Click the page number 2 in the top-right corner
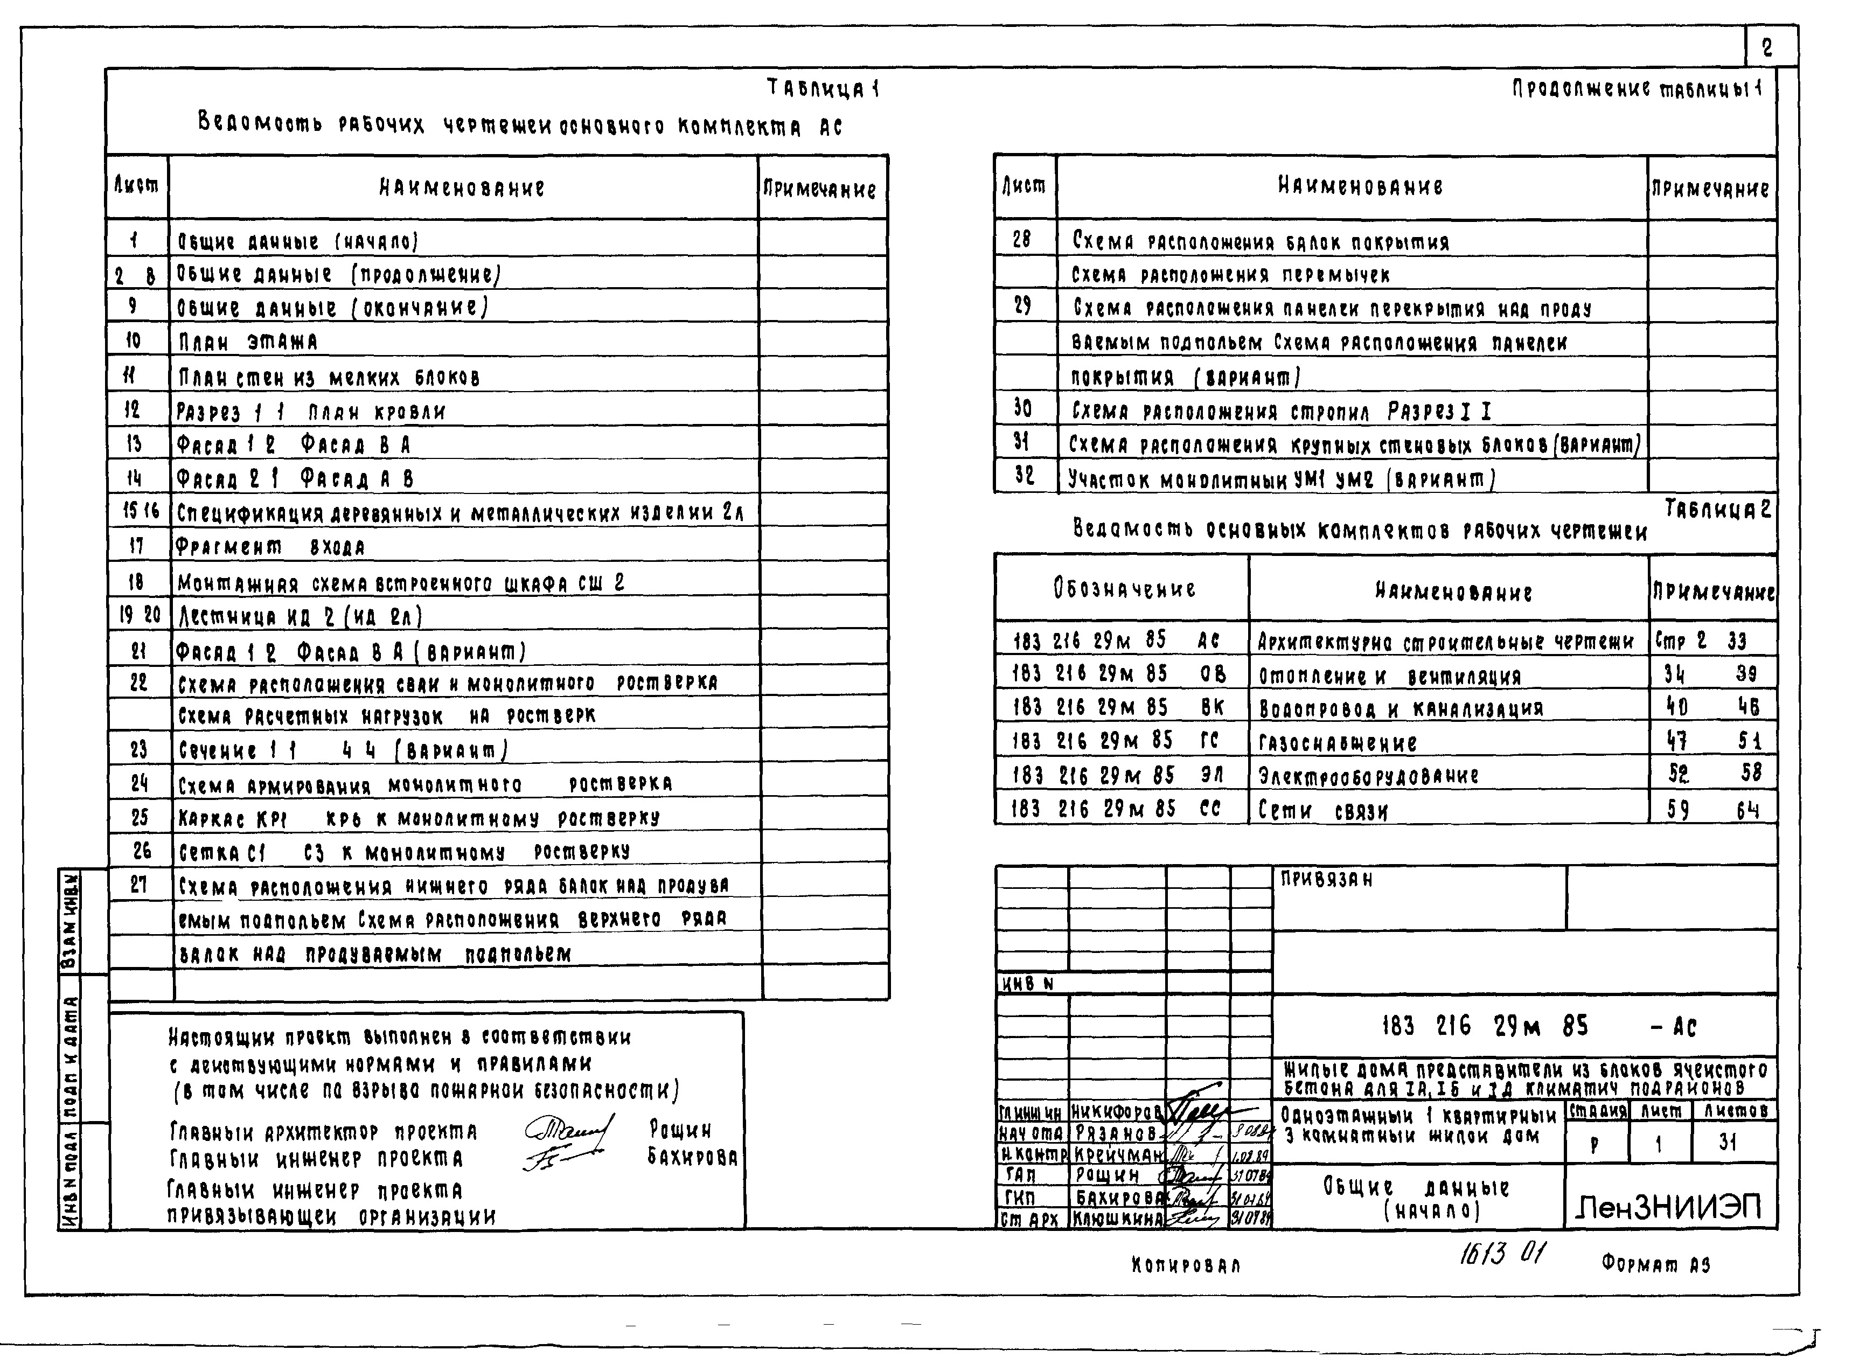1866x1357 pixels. pyautogui.click(x=1766, y=48)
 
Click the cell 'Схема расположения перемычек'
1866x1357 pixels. pyautogui.click(x=1230, y=275)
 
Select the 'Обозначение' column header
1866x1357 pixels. pyautogui.click(x=1124, y=589)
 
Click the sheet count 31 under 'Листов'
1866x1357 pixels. pyautogui.click(x=1727, y=1142)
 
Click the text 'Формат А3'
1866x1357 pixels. pyautogui.click(x=1656, y=1263)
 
